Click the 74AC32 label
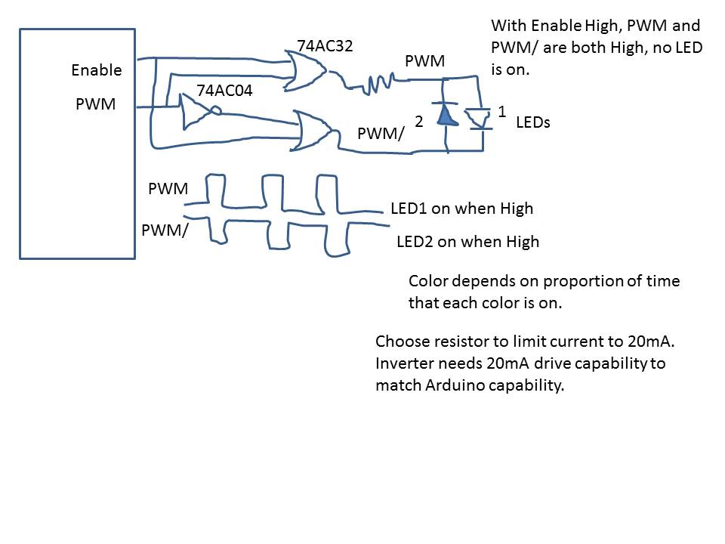tap(325, 46)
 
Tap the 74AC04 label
tap(224, 91)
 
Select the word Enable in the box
tap(96, 70)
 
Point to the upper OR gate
tap(307, 69)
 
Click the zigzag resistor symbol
tap(376, 83)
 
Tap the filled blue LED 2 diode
tap(446, 116)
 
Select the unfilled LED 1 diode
tap(476, 118)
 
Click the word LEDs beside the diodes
tap(533, 122)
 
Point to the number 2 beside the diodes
tap(418, 121)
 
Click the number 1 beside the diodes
tap(501, 111)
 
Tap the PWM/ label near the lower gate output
tap(381, 134)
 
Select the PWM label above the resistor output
tap(424, 61)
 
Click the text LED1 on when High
tap(461, 209)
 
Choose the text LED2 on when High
tap(467, 242)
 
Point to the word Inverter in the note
tap(404, 363)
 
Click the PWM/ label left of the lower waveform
tap(165, 230)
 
